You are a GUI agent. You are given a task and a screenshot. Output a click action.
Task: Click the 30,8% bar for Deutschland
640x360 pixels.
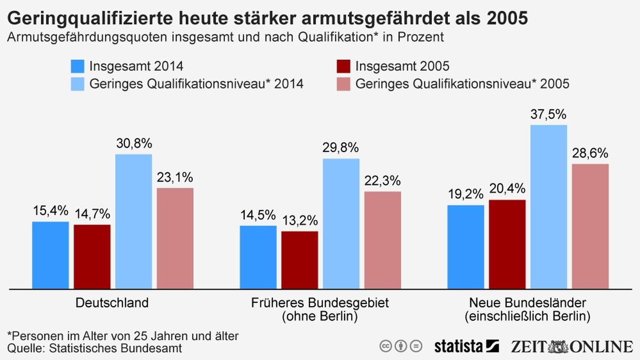tap(133, 222)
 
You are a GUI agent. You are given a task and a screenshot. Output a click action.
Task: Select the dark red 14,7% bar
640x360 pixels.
tap(92, 257)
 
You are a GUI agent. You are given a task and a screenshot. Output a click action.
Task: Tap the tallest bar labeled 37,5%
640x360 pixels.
tap(548, 207)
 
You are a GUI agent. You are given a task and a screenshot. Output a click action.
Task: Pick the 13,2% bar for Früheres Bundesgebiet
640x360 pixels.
tap(299, 260)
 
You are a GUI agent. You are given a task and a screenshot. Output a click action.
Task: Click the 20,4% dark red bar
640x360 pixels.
tap(507, 244)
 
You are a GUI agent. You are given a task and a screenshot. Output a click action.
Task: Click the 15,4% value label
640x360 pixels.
tap(50, 211)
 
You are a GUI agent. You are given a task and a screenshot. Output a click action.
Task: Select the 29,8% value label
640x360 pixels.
tap(341, 147)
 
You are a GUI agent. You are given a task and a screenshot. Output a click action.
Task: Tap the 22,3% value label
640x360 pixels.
tap(383, 181)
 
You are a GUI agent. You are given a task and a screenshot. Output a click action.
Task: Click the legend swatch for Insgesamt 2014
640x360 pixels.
tap(78, 66)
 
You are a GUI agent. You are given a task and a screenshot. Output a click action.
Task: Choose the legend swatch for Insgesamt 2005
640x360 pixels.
tap(344, 66)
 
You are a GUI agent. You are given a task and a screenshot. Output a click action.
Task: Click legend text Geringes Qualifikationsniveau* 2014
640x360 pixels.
tap(196, 84)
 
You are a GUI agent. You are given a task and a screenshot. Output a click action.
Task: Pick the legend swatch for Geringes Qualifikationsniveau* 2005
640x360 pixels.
tap(344, 84)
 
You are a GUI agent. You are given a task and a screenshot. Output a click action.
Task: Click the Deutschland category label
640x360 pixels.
tap(112, 302)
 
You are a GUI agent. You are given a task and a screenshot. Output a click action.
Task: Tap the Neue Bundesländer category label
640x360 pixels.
tap(527, 302)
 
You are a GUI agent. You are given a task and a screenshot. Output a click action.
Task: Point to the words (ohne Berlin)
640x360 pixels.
tap(320, 316)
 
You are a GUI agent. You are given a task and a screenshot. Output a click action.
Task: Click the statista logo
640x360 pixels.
tap(466, 346)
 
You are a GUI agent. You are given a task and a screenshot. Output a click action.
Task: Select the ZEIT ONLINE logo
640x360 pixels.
tap(572, 346)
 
